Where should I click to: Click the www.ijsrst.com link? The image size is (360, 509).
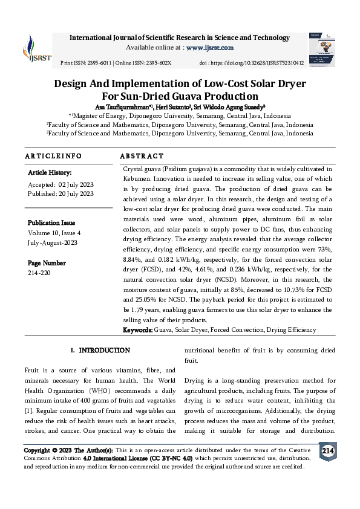coord(209,47)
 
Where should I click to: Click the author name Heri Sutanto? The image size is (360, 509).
coord(172,106)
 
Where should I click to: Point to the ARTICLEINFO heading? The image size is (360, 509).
coord(53,156)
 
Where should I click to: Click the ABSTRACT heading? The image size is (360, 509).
coord(142,156)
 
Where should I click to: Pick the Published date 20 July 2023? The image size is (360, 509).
coord(76,193)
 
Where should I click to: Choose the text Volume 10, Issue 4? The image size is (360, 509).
coord(62,233)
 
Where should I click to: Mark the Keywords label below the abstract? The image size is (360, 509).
coord(137,330)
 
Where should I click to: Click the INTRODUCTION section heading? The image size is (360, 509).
coord(104,351)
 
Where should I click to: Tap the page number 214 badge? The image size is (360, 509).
coord(328,452)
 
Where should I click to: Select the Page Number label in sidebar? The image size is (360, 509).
coord(47,263)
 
